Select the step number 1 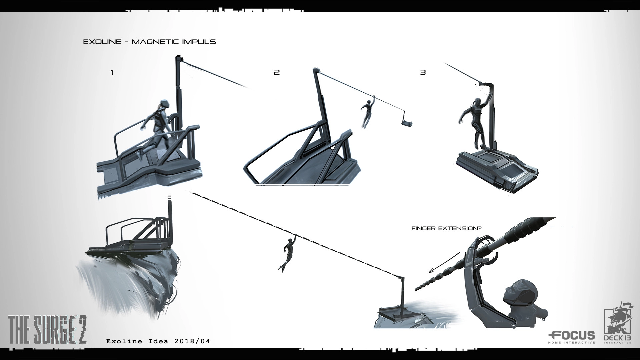pos(112,72)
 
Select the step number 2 pos(277,72)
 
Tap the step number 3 pos(423,72)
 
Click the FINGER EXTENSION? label pos(446,228)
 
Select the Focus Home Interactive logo pos(572,337)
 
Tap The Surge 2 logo pos(47,330)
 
